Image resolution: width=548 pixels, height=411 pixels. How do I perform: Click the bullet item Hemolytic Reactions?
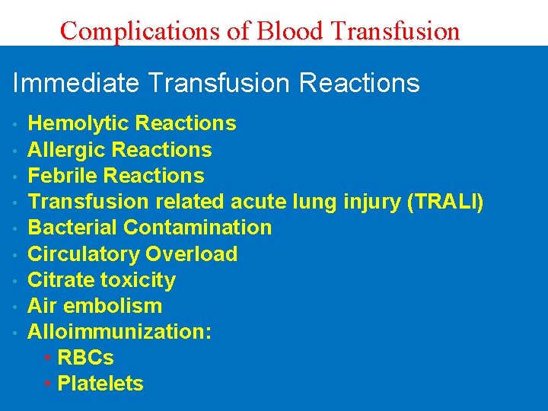[x=132, y=123]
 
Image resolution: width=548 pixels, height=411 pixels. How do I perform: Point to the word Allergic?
[x=67, y=149]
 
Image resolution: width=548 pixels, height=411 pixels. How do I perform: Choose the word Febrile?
[x=63, y=175]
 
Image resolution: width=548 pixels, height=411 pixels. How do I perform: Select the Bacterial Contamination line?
[x=149, y=228]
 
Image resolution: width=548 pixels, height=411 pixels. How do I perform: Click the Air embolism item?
[x=94, y=306]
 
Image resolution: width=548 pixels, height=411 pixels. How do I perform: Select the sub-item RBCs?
[x=85, y=358]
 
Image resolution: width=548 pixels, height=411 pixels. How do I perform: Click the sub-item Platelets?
[x=100, y=384]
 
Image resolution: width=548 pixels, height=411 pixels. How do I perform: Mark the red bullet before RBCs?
[x=48, y=358]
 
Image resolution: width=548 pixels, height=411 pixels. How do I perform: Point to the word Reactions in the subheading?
[x=359, y=83]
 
